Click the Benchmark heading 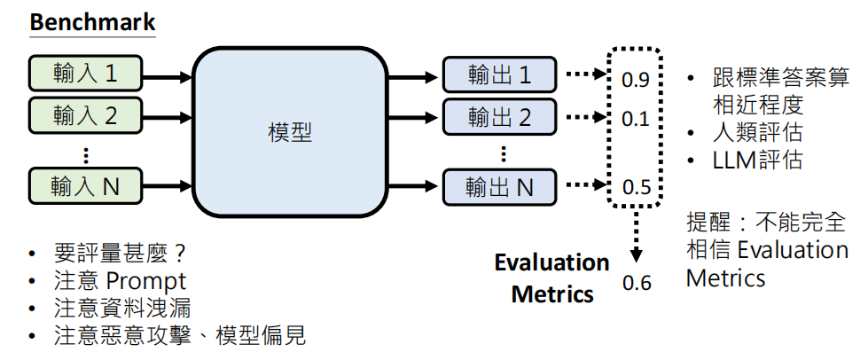pyautogui.click(x=92, y=21)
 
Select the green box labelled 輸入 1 pyautogui.click(x=85, y=73)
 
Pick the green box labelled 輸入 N pyautogui.click(x=85, y=186)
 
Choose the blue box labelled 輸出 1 pyautogui.click(x=499, y=74)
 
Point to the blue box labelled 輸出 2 pyautogui.click(x=499, y=115)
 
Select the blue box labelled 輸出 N pyautogui.click(x=499, y=187)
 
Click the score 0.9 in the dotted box pyautogui.click(x=636, y=81)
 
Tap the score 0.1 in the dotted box pyautogui.click(x=636, y=118)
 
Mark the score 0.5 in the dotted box pyautogui.click(x=636, y=188)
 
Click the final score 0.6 pyautogui.click(x=637, y=284)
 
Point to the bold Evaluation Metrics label pyautogui.click(x=551, y=278)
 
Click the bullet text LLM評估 pyautogui.click(x=757, y=160)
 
